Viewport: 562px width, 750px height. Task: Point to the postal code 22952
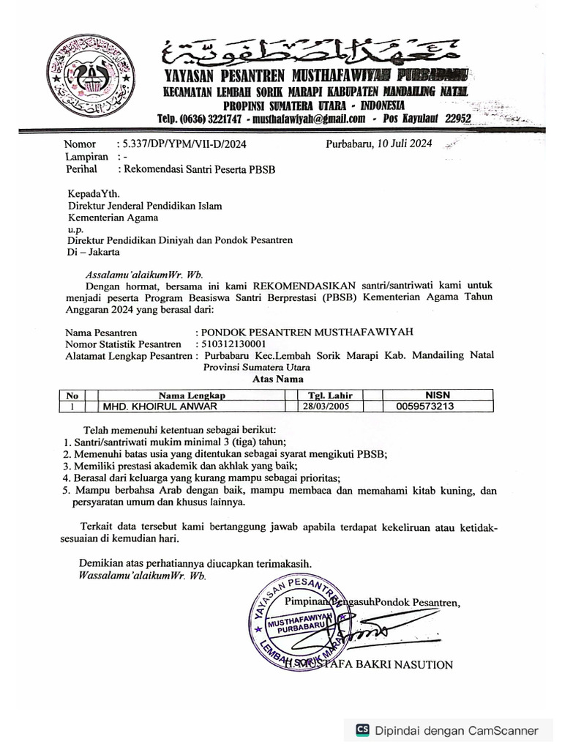(x=459, y=119)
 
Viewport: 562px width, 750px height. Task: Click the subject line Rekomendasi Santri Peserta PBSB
(x=203, y=168)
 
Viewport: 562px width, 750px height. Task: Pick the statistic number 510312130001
(x=234, y=343)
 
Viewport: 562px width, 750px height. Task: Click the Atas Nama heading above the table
(x=278, y=379)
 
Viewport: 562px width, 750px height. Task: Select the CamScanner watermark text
(x=455, y=730)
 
